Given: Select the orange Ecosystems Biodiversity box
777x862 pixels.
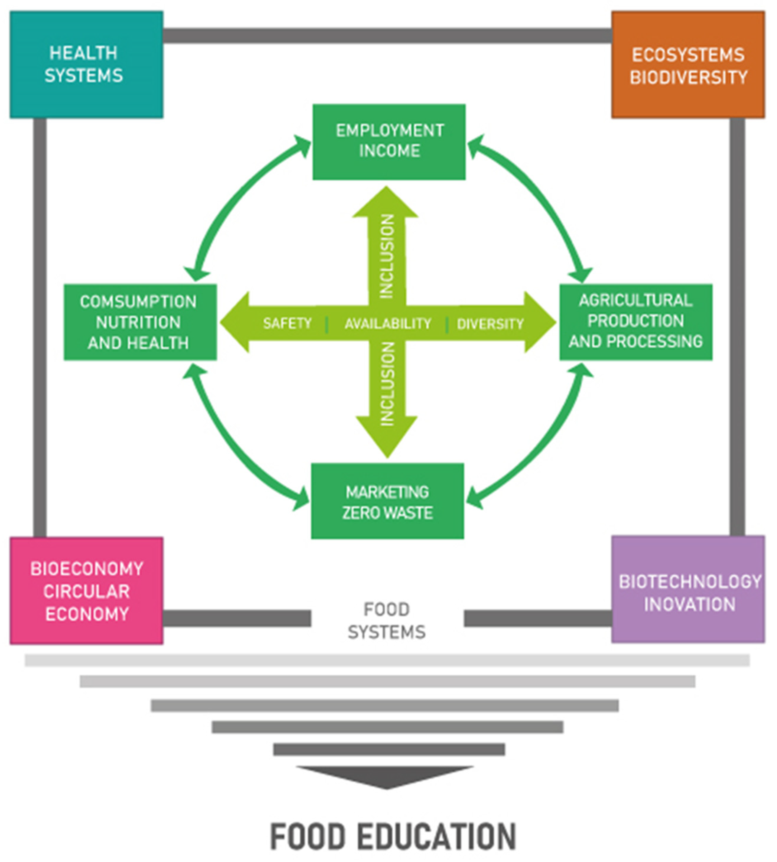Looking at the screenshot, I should pyautogui.click(x=688, y=65).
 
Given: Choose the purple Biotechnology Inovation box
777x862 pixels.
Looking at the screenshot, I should pyautogui.click(x=688, y=589).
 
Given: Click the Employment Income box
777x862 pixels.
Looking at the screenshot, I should pyautogui.click(x=389, y=142).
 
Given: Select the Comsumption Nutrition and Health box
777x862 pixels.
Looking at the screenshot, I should pyautogui.click(x=140, y=322).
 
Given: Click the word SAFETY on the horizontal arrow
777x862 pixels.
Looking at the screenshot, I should pyautogui.click(x=287, y=323).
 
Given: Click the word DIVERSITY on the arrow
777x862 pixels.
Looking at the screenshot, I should pyautogui.click(x=490, y=324).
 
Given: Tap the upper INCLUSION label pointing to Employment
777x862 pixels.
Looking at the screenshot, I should pyautogui.click(x=387, y=256).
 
